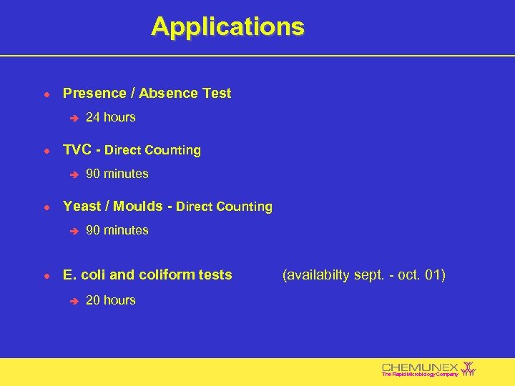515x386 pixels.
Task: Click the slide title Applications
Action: [x=227, y=27]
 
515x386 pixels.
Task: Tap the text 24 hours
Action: [x=110, y=117]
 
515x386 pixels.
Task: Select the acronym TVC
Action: [x=77, y=150]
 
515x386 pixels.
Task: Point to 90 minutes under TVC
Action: [x=117, y=174]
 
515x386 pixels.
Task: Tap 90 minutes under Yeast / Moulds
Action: [x=117, y=230]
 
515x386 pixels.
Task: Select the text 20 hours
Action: [x=110, y=300]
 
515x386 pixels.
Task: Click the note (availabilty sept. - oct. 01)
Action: [x=364, y=274]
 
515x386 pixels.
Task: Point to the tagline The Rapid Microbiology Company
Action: [x=420, y=375]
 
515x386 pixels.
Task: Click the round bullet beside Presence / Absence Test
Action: [x=46, y=94]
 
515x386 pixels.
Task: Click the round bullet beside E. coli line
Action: [x=46, y=275]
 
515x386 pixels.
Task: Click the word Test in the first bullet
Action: [x=217, y=94]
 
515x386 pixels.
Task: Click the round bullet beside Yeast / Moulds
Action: [x=46, y=207]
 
